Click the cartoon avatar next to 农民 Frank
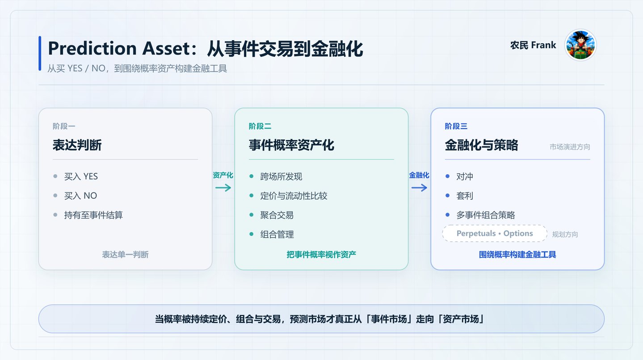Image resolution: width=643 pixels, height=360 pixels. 580,45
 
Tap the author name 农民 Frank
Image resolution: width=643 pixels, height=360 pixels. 533,45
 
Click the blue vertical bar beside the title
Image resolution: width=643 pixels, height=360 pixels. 40,53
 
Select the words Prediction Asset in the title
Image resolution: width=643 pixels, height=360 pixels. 118,48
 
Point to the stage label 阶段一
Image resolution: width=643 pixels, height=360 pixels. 64,126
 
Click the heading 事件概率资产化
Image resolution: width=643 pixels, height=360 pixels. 291,145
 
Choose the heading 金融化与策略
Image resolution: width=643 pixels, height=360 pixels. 481,145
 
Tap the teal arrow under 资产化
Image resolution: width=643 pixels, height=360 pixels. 223,188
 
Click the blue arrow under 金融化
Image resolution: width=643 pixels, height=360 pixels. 419,188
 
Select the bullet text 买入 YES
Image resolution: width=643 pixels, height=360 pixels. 81,176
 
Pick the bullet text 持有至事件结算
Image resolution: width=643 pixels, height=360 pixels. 93,215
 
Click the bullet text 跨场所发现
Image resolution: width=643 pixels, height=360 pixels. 281,176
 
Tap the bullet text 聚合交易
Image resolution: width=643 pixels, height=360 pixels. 277,215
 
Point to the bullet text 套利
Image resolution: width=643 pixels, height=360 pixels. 464,196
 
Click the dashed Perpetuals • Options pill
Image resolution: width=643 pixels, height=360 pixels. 495,234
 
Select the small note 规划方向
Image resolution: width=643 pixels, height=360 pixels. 565,234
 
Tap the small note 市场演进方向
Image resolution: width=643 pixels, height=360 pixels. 570,147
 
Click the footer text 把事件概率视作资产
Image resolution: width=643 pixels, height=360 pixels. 321,255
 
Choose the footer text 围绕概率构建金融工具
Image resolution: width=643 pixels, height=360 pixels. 517,255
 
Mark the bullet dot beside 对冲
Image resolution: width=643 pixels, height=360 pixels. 447,176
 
